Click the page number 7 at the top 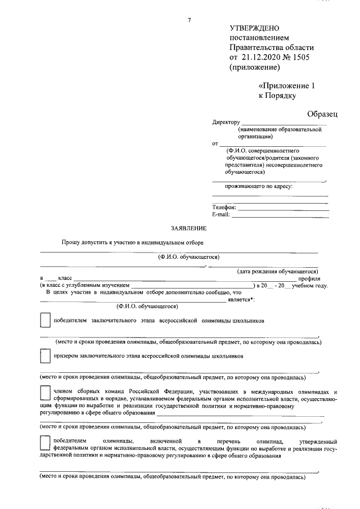[190, 21]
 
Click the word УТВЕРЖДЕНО [255, 28]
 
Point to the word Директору [226, 122]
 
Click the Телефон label [224, 208]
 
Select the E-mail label [222, 215]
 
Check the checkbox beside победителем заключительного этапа [44, 321]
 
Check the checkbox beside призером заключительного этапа [44, 356]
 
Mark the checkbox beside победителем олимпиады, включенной [44, 442]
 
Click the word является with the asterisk [241, 299]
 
